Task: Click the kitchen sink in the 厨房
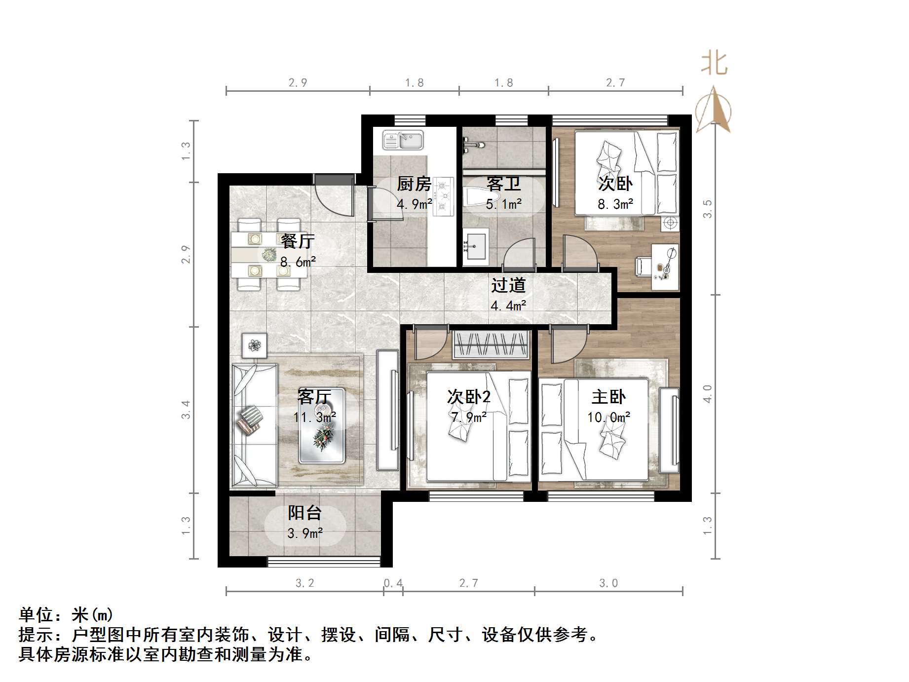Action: [x=403, y=140]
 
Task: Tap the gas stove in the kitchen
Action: [x=443, y=197]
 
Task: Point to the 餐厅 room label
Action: [x=298, y=241]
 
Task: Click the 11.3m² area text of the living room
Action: [x=314, y=417]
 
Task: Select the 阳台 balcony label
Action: [x=304, y=513]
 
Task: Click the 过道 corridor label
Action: [x=508, y=285]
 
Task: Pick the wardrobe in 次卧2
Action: [x=491, y=344]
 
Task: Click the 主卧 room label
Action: [x=608, y=397]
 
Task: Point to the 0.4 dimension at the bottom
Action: [x=393, y=583]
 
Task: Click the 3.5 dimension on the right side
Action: [x=708, y=208]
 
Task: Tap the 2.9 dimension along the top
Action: [x=298, y=83]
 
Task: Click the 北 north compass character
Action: [x=714, y=64]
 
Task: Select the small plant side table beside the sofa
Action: [x=254, y=345]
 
